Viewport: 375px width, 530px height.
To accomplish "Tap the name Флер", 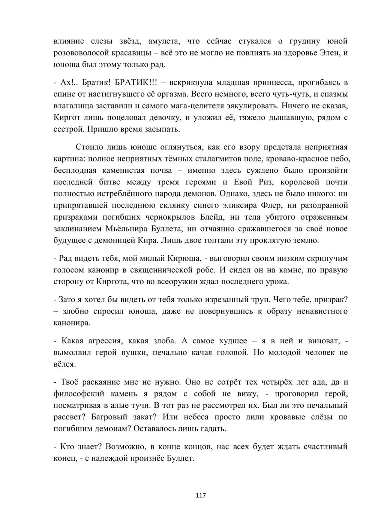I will (x=279, y=205).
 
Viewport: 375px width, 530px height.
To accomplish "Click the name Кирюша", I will (x=182, y=258).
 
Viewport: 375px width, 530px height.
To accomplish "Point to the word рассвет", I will (x=66, y=417).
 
